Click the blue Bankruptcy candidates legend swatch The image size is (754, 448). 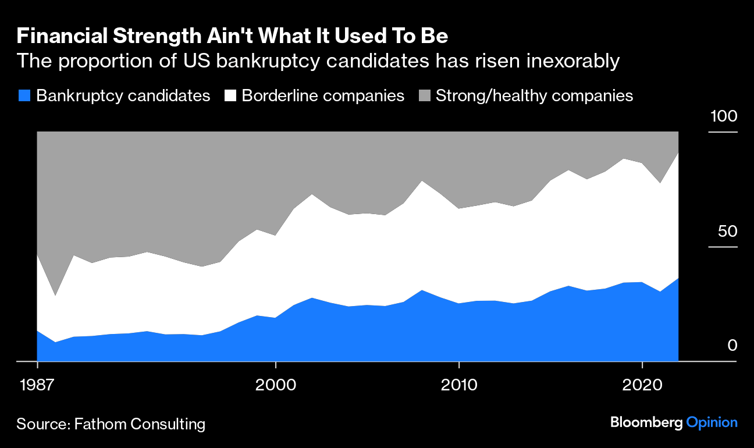(24, 96)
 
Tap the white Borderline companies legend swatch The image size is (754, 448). (229, 96)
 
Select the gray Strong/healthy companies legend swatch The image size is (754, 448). (424, 96)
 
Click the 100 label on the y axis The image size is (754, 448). (723, 116)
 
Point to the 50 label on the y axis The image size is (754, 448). (727, 231)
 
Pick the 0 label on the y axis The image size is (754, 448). (732, 346)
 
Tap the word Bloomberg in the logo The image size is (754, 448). (646, 423)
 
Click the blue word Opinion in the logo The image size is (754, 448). (712, 423)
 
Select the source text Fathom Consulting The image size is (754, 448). (140, 424)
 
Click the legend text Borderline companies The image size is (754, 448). (323, 96)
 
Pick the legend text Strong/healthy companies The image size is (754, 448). (534, 96)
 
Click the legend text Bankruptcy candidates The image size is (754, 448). (123, 96)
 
